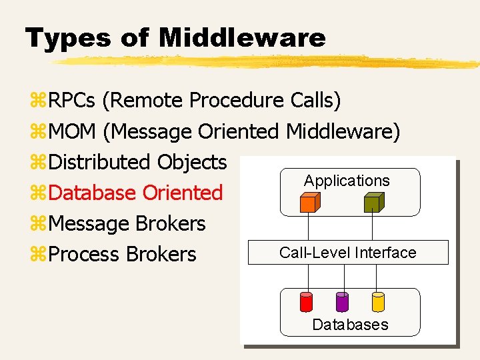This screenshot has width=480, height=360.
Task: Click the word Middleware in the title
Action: [x=242, y=37]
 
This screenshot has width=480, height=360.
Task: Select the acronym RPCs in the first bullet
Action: [x=73, y=101]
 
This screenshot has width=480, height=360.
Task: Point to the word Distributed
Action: [x=100, y=162]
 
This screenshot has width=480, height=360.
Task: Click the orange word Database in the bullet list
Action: [x=93, y=193]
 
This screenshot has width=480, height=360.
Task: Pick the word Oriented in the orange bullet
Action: [x=183, y=193]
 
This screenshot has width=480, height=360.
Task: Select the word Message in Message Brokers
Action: [x=89, y=223]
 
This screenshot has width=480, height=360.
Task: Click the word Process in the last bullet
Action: [x=85, y=254]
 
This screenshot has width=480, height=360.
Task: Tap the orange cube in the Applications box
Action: [x=309, y=202]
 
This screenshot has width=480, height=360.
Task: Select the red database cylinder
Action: [x=307, y=302]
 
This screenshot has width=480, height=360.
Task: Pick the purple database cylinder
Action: [x=343, y=302]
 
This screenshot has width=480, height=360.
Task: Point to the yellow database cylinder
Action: [x=378, y=302]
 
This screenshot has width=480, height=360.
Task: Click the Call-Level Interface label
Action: [x=347, y=253]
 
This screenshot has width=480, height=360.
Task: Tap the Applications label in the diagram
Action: [x=347, y=181]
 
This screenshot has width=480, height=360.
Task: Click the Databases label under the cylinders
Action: [x=350, y=325]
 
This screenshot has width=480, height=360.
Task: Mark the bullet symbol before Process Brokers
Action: [x=37, y=255]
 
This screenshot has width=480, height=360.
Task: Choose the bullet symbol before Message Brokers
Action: [x=37, y=224]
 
